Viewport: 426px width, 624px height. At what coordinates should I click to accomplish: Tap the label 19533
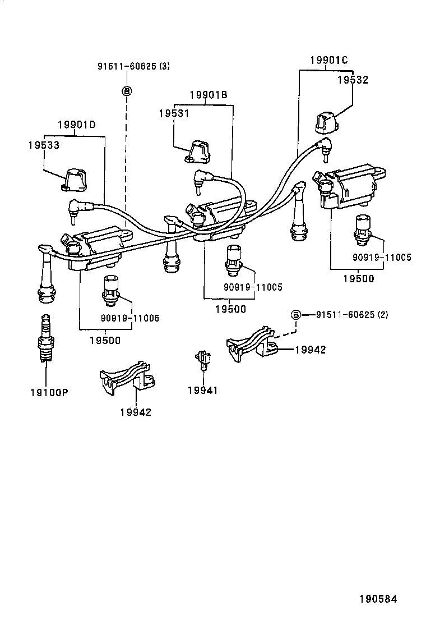click(44, 145)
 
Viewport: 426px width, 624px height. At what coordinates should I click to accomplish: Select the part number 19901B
click(208, 95)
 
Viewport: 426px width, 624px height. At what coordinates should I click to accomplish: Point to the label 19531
click(174, 113)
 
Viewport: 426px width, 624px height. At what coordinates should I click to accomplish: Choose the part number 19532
click(352, 80)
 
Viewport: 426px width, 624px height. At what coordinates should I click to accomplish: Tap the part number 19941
click(202, 390)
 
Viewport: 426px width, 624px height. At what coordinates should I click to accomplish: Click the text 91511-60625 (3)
click(133, 66)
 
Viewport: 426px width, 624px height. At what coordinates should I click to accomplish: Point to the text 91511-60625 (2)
click(352, 314)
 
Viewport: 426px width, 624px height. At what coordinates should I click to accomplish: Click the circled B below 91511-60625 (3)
click(127, 90)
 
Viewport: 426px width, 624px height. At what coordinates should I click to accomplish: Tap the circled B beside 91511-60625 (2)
click(296, 314)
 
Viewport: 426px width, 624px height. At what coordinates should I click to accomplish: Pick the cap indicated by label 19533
click(74, 180)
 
